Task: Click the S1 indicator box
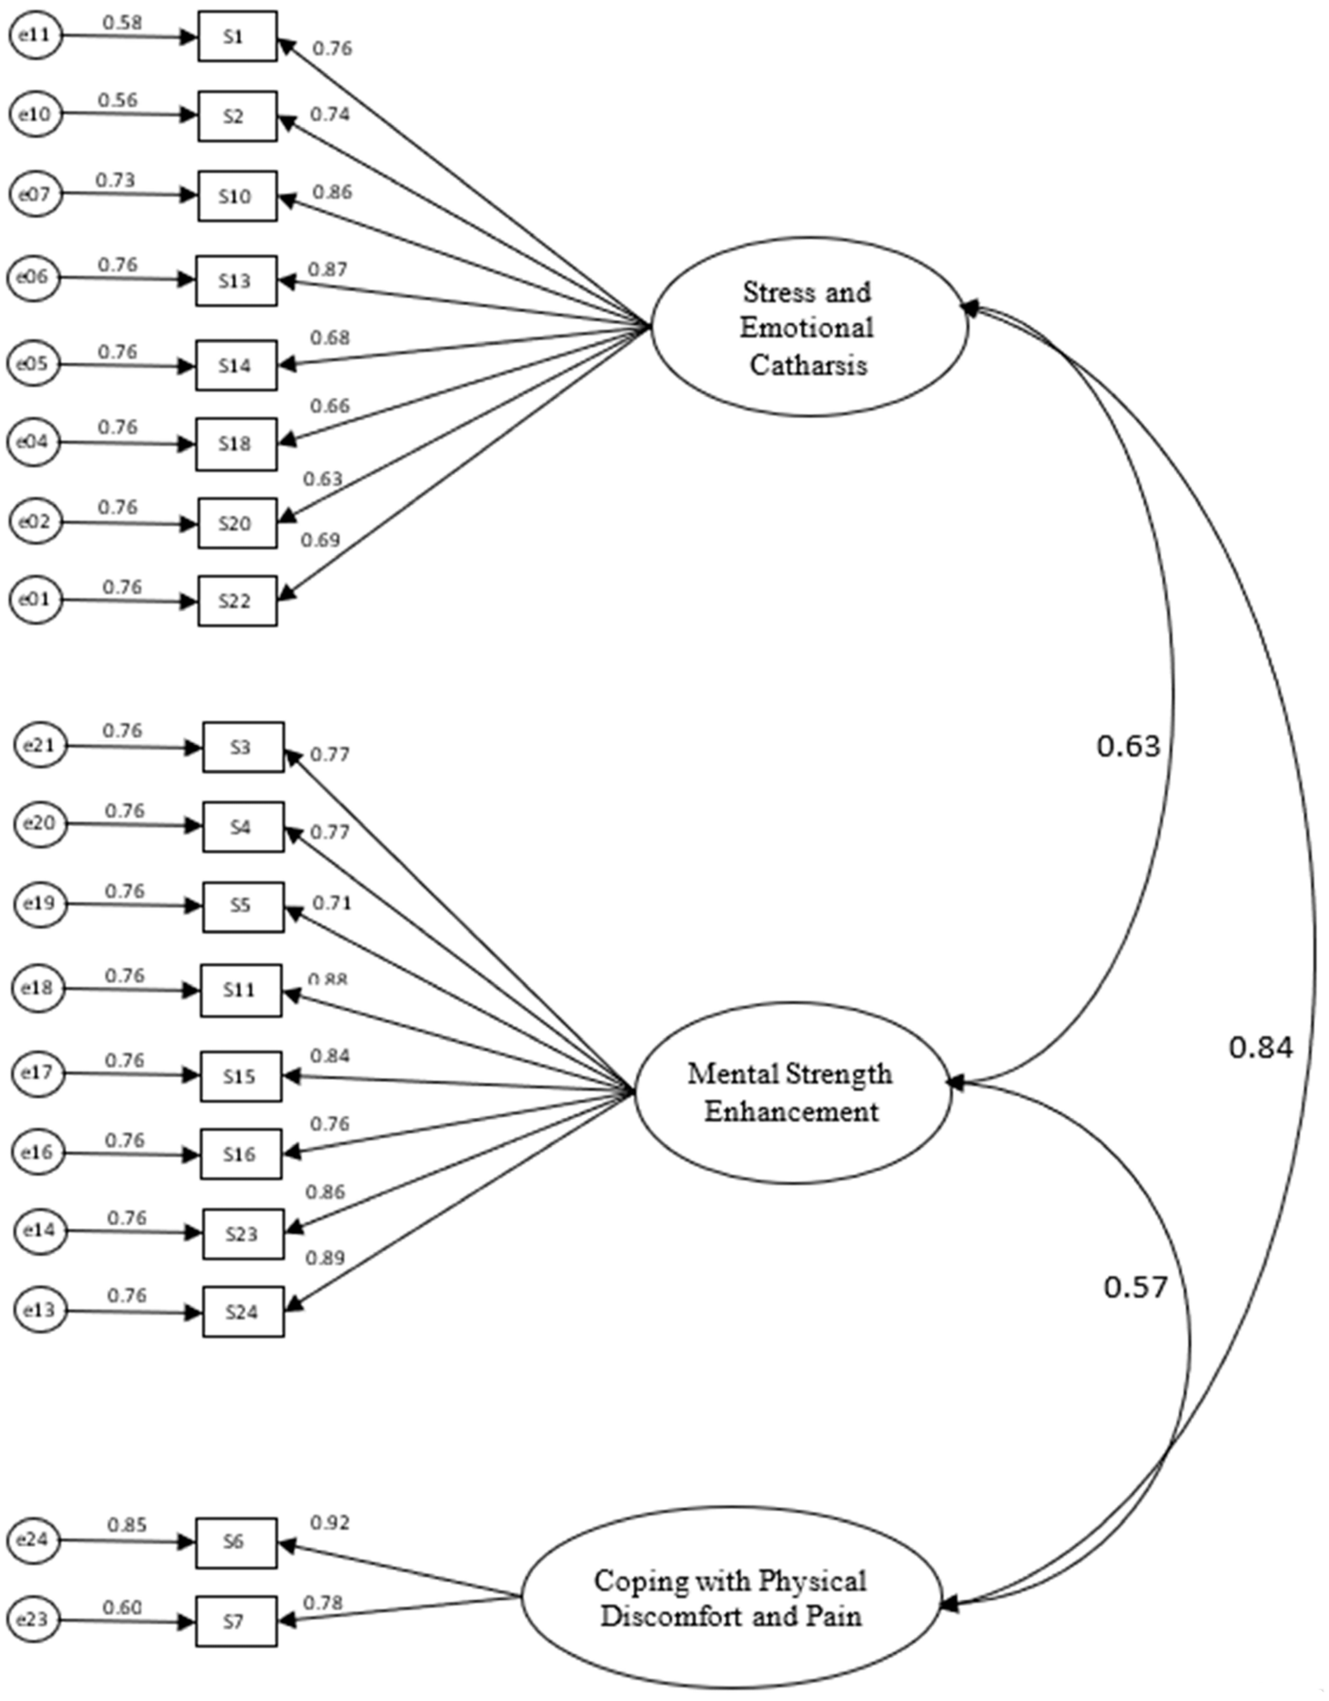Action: (237, 36)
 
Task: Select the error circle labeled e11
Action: (34, 35)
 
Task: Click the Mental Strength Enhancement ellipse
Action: (792, 1093)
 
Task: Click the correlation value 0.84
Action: (1260, 1048)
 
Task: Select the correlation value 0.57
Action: (1135, 1287)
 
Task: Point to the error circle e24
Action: (34, 1540)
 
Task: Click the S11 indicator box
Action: (241, 990)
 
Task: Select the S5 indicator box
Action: (243, 907)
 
